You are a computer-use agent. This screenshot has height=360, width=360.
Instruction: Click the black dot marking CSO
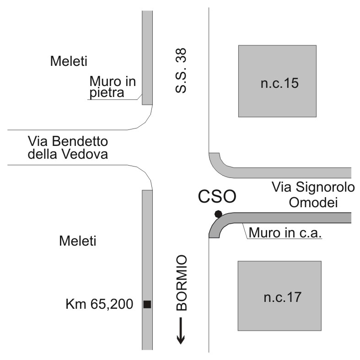tap(219, 214)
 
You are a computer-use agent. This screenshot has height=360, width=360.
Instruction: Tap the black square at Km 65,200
tap(147, 304)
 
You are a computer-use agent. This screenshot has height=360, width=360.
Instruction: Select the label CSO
tap(217, 197)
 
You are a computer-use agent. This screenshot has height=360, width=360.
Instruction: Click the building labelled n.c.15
tap(277, 81)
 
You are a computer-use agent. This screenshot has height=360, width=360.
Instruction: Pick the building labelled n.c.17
tap(279, 296)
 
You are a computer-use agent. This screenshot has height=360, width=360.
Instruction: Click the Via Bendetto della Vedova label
tap(67, 147)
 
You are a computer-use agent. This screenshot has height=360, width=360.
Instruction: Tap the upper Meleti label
tap(69, 61)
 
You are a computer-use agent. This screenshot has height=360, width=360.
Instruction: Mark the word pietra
tap(107, 94)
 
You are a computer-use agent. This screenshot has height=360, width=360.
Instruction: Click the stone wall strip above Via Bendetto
tap(147, 57)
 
